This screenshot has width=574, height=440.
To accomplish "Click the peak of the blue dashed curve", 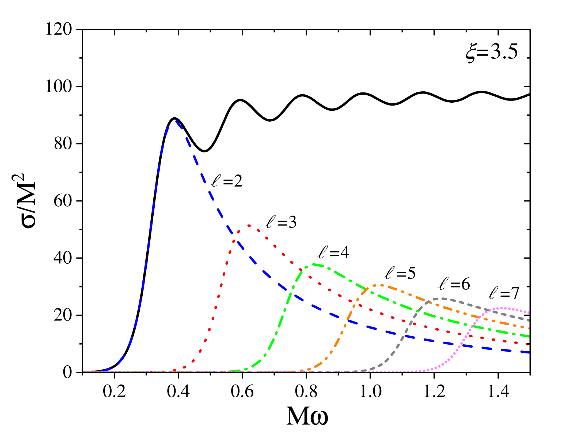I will point(176,121).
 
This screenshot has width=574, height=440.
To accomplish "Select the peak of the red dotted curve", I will point(249,226).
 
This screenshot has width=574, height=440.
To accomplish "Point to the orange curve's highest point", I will point(379,285).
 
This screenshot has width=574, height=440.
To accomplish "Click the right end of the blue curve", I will point(529,353).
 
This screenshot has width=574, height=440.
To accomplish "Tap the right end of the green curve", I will point(529,336).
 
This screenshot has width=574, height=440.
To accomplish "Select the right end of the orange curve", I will point(529,328).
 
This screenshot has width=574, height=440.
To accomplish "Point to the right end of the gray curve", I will point(529,320).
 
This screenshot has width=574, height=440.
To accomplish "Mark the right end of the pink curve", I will point(529,312).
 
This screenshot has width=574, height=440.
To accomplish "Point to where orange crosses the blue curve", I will point(347,320).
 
